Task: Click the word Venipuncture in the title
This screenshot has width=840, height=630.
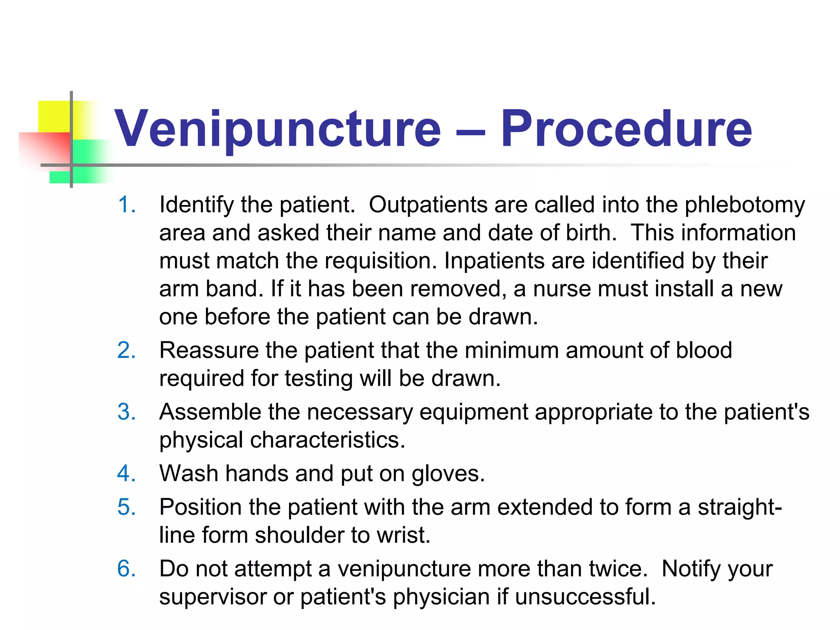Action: click(277, 129)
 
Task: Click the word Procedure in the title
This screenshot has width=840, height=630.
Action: click(626, 129)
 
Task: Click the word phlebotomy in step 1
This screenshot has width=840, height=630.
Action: click(744, 205)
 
